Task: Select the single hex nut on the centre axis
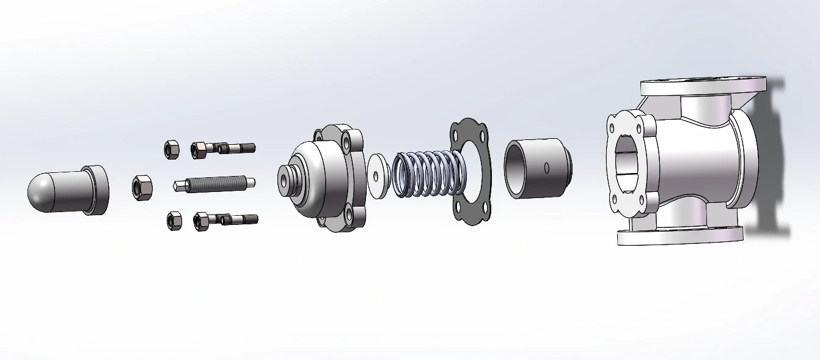[142, 187]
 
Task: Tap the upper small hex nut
[171, 149]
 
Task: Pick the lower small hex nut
[174, 221]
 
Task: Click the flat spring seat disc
[378, 176]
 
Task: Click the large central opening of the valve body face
[626, 165]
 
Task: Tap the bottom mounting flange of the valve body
[678, 235]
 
